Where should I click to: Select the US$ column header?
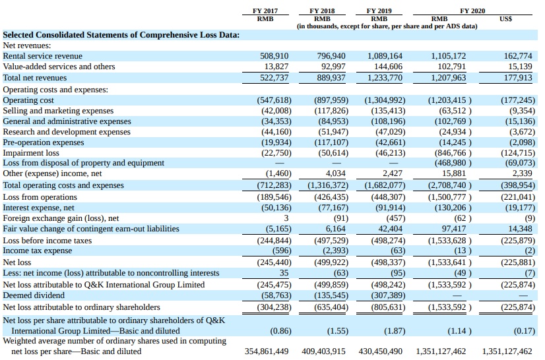coord(506,18)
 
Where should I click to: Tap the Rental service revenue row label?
coord(43,56)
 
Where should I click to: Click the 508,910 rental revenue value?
coord(274,56)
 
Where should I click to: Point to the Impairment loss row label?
coord(31,153)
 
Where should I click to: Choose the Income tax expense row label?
coord(38,251)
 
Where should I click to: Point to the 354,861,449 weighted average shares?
coord(267,351)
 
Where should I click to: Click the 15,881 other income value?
coord(455,173)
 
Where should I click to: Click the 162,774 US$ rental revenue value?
coord(518,56)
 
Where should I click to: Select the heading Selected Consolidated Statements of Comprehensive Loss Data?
coord(121,34)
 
